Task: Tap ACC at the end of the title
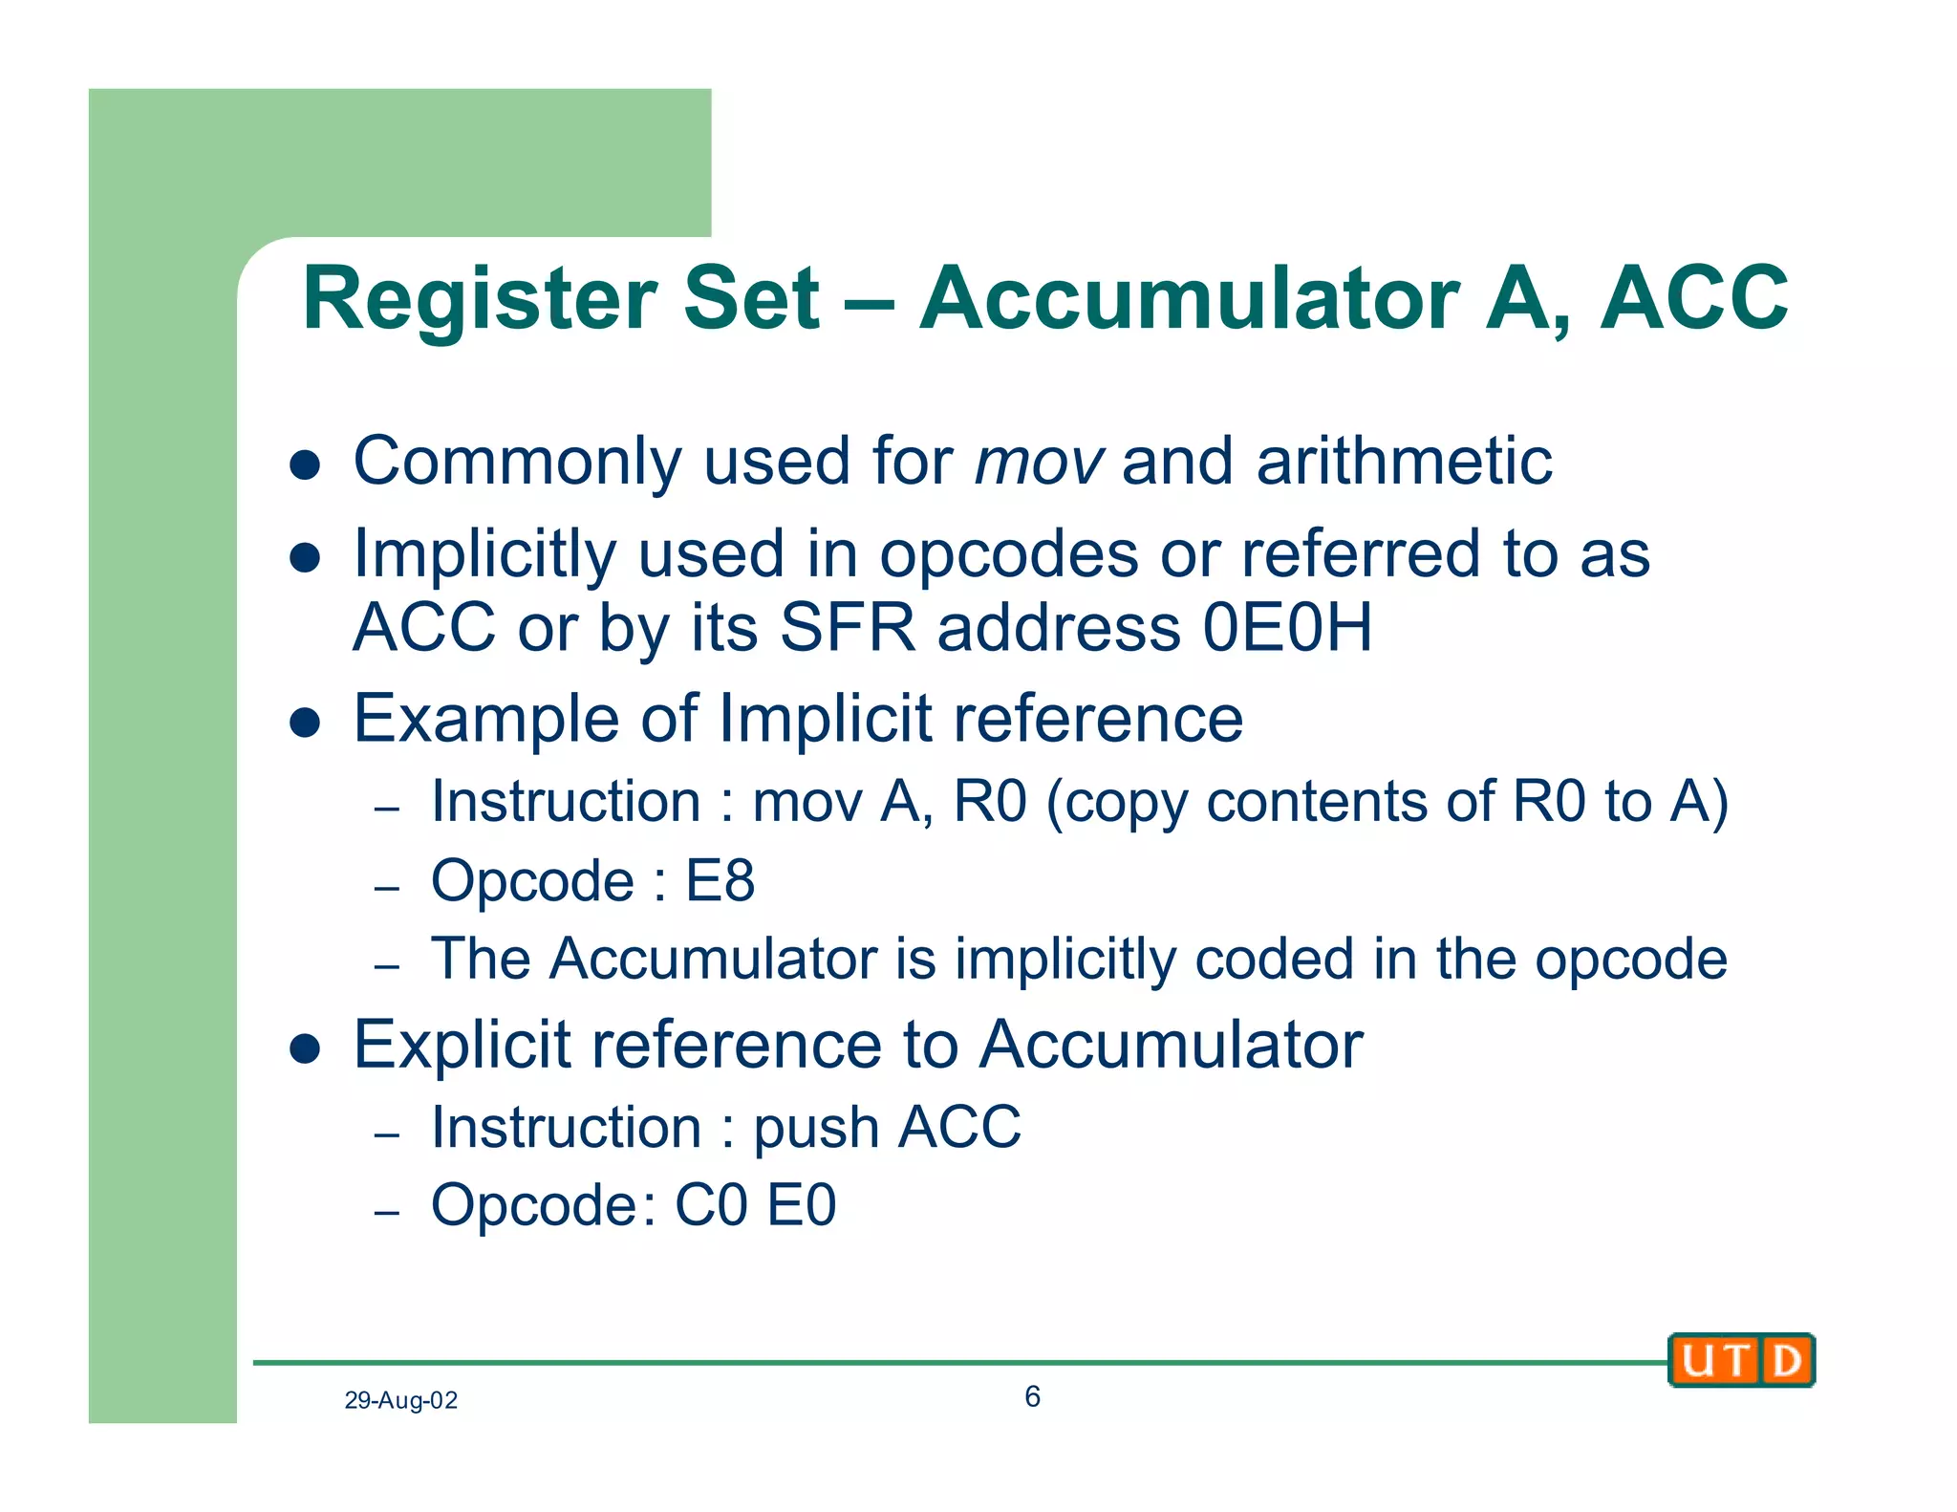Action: (x=1693, y=299)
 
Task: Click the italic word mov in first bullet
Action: (x=1038, y=462)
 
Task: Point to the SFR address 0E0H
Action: (x=1286, y=628)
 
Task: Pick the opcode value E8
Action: (x=720, y=880)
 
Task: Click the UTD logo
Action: (x=1740, y=1359)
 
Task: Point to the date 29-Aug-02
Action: (x=400, y=1400)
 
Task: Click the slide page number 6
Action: (x=1032, y=1396)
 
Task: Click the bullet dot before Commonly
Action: (x=304, y=465)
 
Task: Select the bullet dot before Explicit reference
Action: (x=304, y=1048)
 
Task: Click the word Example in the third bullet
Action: (x=485, y=719)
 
